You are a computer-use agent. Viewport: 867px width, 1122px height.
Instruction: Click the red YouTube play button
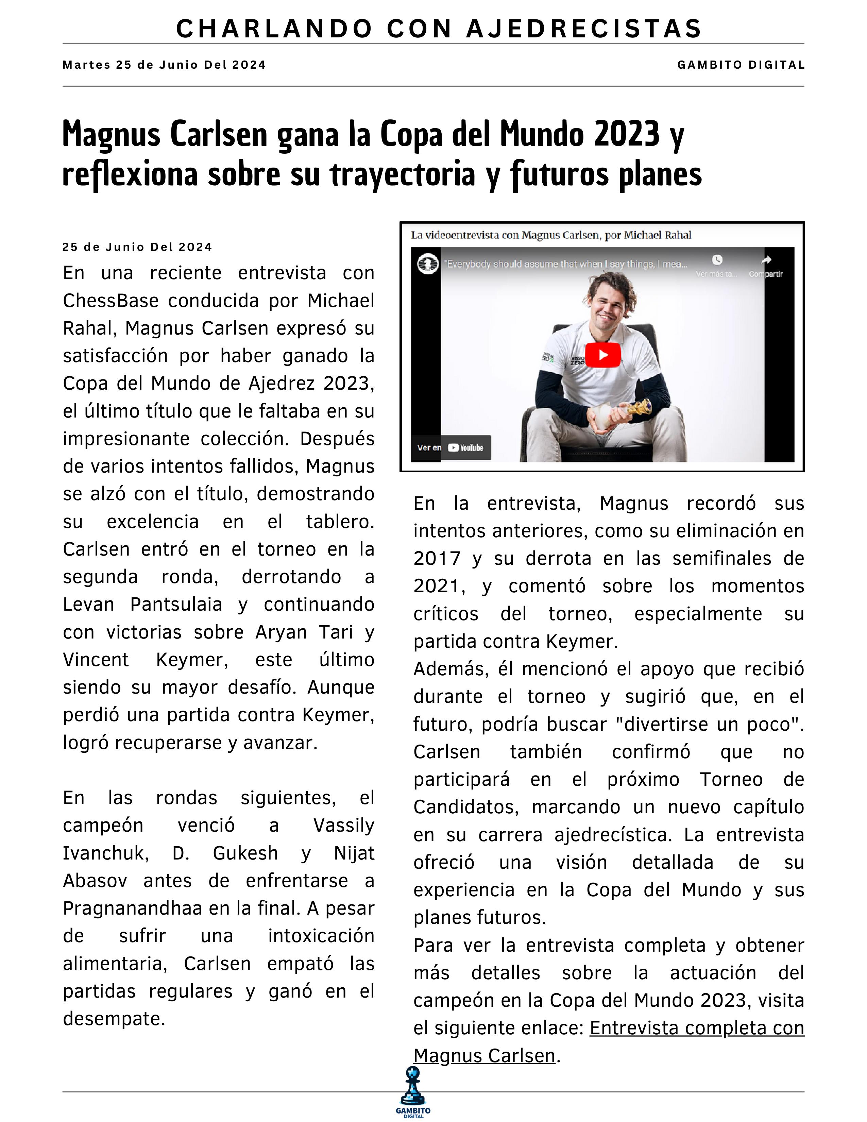click(x=603, y=355)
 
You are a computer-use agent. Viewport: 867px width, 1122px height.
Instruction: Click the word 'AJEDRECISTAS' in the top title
click(x=584, y=29)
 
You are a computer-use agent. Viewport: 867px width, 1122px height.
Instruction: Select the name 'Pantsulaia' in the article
click(x=176, y=605)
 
